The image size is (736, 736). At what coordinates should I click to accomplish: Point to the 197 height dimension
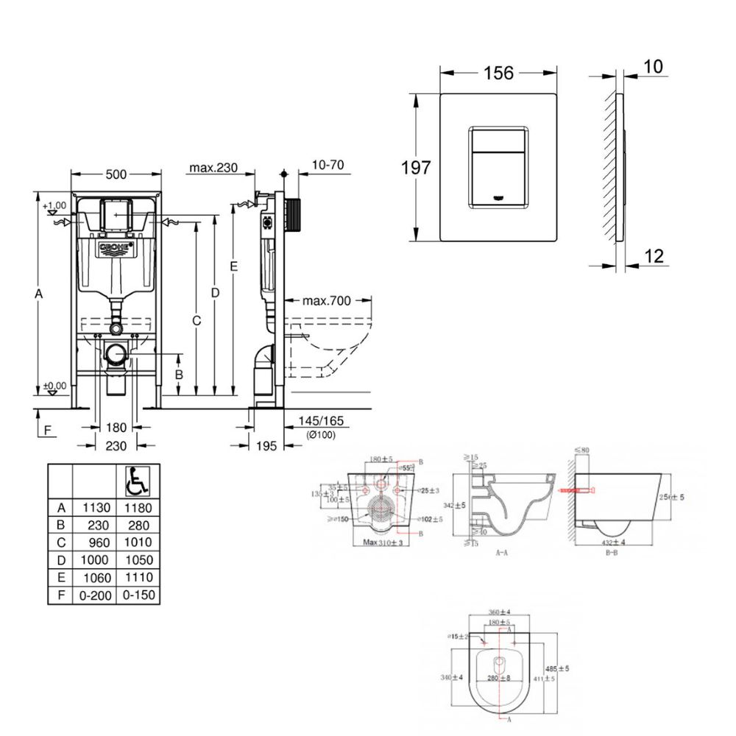(x=415, y=167)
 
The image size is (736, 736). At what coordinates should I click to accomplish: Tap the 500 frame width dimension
(x=116, y=174)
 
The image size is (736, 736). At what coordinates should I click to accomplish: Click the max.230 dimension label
(x=213, y=168)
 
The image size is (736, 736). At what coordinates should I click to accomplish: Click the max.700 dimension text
(x=327, y=300)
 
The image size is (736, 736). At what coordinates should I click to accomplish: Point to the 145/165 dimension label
(x=322, y=421)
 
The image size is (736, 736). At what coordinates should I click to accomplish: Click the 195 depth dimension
(x=267, y=445)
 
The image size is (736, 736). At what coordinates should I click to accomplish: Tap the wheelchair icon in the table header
(x=135, y=483)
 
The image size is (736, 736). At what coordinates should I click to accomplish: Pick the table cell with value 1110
(x=136, y=577)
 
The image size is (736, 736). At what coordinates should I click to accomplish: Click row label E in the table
(x=61, y=577)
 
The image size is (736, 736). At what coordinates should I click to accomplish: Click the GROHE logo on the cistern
(x=116, y=248)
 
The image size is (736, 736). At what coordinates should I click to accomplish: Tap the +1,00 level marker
(x=54, y=205)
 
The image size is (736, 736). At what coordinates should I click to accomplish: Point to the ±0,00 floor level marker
(x=54, y=386)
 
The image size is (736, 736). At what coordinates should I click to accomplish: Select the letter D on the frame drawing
(x=215, y=292)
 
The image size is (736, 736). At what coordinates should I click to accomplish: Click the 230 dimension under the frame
(x=116, y=445)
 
